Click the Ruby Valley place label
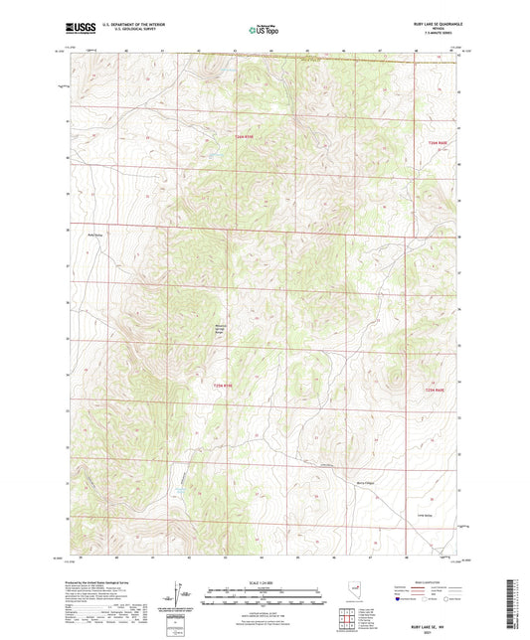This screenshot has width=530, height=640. tap(96, 236)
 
